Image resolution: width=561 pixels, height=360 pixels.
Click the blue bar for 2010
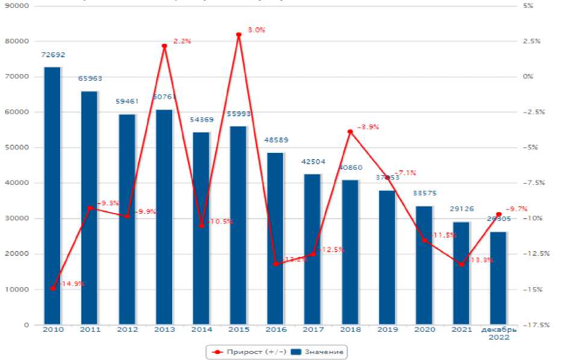point(52,196)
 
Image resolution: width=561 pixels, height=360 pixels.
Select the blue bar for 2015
point(238,225)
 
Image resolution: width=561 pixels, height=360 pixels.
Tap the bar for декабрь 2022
point(498,278)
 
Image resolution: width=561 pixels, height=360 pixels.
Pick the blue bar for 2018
point(350,252)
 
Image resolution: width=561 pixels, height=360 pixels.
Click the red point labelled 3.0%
point(238,34)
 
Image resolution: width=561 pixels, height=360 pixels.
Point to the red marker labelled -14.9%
point(52,288)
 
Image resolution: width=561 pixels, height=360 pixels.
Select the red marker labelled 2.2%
point(164,46)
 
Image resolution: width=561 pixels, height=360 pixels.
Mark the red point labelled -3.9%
point(350,132)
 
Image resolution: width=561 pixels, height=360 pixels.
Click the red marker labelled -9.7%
point(498,214)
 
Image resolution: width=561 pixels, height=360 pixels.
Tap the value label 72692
point(52,55)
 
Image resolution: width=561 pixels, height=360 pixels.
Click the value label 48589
point(276,140)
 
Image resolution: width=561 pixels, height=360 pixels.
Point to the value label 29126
point(461,209)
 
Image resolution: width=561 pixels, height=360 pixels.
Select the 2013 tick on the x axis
point(164,330)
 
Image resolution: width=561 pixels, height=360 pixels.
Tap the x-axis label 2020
point(424,330)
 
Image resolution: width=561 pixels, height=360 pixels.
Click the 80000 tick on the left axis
point(19,41)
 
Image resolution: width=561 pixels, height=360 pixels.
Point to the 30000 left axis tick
point(19,219)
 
